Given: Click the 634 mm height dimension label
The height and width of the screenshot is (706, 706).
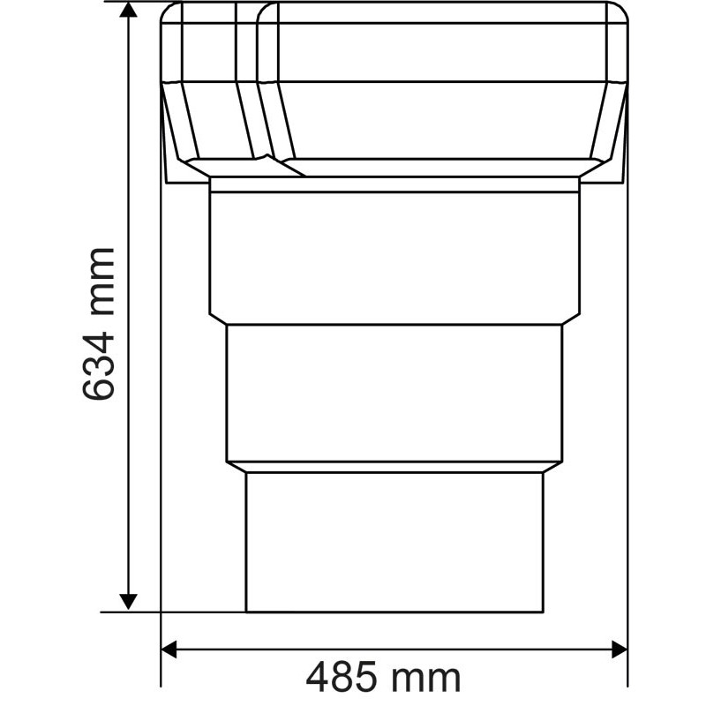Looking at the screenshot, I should pos(99,323).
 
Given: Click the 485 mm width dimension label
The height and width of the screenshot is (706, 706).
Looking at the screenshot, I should pos(383,678).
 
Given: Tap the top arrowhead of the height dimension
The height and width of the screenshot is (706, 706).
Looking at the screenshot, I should pos(129,11).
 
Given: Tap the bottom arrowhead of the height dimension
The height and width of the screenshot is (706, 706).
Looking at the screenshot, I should pos(129,600).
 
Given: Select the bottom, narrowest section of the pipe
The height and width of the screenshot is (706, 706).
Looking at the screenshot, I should pos(394,540).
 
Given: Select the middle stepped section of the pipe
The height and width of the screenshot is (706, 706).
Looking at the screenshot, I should pos(394,394).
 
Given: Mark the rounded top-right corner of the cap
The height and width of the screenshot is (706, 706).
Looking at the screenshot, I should pos(620,14).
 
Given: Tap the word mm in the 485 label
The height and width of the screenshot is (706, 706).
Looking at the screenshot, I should pos(428,678).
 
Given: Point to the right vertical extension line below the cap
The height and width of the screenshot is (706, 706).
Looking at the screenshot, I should pos(627,397).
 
